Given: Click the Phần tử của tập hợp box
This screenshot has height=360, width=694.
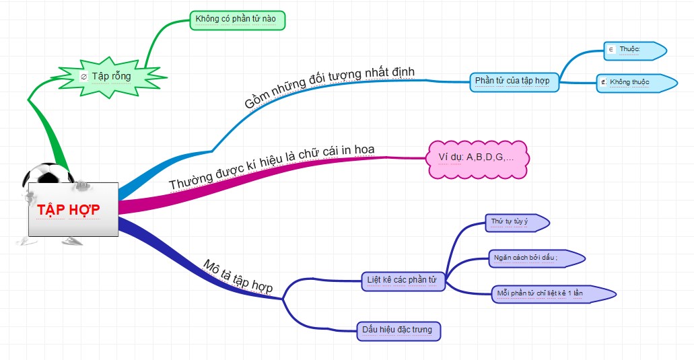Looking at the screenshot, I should (514, 81).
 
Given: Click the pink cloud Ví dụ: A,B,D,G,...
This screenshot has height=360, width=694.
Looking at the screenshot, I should (479, 157).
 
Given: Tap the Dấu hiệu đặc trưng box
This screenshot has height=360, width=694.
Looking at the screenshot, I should (398, 330).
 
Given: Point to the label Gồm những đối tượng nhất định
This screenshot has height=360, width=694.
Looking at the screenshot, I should (330, 87).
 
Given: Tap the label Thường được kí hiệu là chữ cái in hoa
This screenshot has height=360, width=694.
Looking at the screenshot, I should (271, 167).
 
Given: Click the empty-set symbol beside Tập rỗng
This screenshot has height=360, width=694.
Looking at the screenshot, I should (83, 77).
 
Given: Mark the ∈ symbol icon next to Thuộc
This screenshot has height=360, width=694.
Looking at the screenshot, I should (611, 49).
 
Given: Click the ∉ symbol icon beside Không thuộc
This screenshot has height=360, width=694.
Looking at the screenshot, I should (603, 82).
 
